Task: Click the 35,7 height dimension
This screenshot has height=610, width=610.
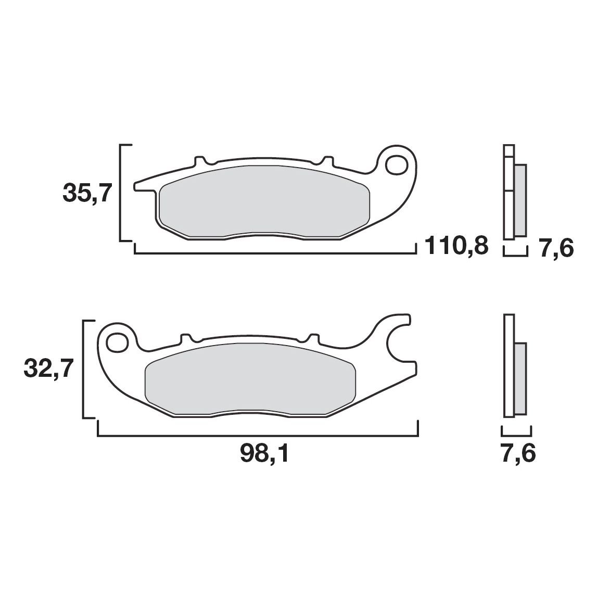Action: (x=87, y=193)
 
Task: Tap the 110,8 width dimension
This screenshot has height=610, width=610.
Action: (x=456, y=246)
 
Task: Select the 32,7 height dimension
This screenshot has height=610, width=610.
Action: (x=48, y=368)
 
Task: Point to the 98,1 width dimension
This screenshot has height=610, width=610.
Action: (x=264, y=454)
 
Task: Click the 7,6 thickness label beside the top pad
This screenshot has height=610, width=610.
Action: (x=556, y=248)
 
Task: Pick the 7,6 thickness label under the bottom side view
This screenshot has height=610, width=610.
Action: (x=518, y=453)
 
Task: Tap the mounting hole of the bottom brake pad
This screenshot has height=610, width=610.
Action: (x=118, y=342)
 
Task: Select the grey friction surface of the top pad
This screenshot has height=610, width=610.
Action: (x=264, y=201)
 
